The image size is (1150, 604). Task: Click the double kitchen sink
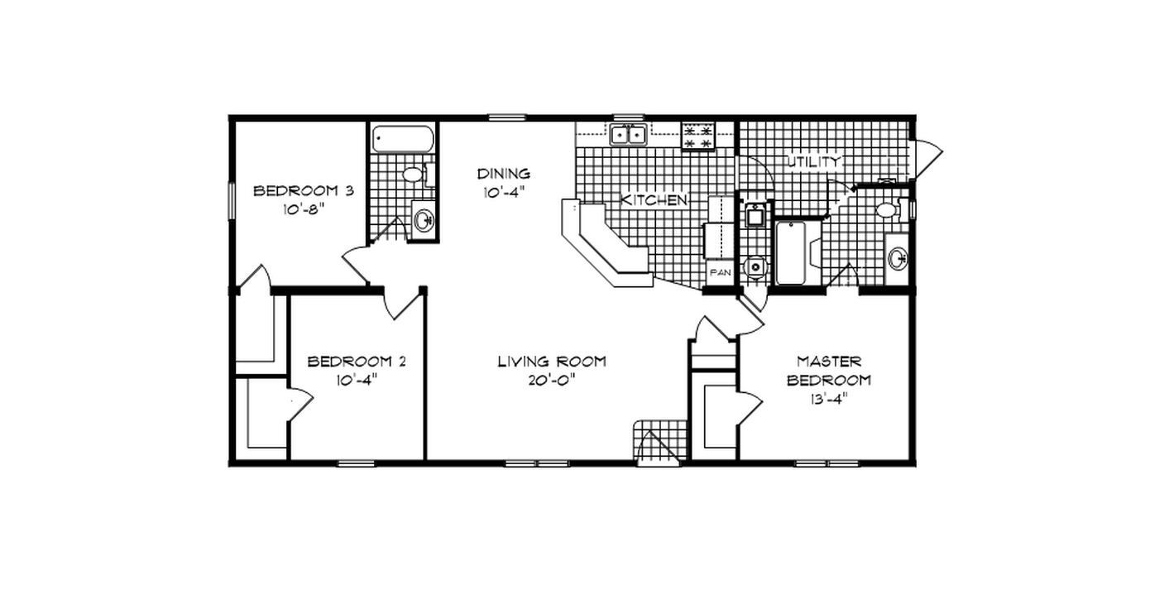tap(628, 134)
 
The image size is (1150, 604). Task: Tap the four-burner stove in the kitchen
tap(697, 137)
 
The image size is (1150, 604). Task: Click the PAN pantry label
tap(718, 272)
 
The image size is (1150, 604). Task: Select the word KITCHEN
tap(654, 200)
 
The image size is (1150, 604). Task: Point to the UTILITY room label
tap(813, 161)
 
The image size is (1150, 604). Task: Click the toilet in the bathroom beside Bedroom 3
tap(413, 175)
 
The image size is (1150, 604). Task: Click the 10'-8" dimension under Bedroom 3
tap(303, 209)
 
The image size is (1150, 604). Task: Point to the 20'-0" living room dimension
tap(551, 380)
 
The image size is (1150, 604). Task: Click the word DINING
tap(503, 174)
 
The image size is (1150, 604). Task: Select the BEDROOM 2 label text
tap(356, 362)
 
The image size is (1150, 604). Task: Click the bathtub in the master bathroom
tap(790, 252)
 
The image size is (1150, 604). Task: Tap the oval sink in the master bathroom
tap(898, 258)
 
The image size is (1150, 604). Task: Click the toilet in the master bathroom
tap(888, 209)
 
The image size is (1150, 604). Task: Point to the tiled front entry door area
tap(660, 443)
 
